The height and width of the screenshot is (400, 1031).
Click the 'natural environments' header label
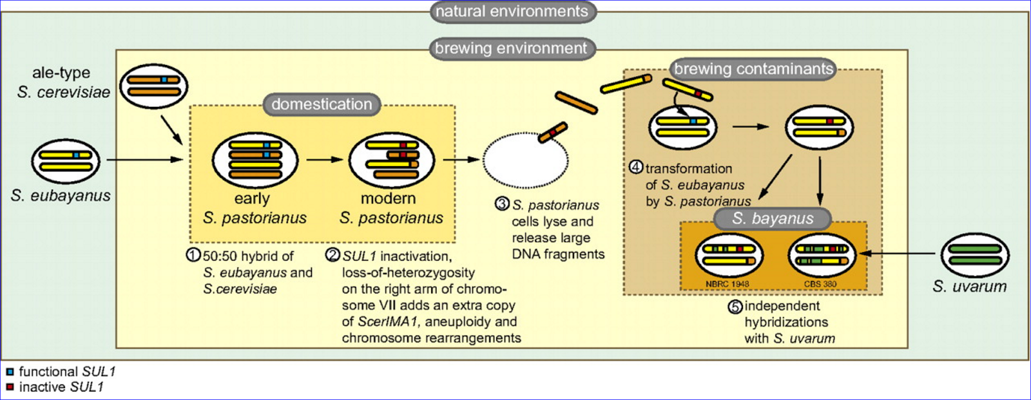click(x=512, y=12)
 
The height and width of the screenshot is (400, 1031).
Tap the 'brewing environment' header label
click(x=511, y=48)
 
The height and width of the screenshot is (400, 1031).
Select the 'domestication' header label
click(x=322, y=104)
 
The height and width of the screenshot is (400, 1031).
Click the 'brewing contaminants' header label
click(x=753, y=69)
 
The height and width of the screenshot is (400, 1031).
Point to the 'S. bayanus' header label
click(x=773, y=218)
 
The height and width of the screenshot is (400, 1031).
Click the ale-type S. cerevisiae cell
click(x=153, y=86)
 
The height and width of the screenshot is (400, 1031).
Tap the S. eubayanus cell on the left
click(x=66, y=161)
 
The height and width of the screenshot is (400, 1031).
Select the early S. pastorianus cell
click(x=255, y=160)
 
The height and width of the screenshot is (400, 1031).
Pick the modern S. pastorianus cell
click(x=392, y=160)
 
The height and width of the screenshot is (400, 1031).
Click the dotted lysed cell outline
click(x=525, y=160)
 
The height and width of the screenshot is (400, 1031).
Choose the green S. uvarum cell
click(x=974, y=255)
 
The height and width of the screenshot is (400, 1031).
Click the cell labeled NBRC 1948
click(x=728, y=255)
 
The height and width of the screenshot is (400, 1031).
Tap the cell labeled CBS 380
click(x=822, y=255)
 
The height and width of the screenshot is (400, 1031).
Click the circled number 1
click(x=193, y=255)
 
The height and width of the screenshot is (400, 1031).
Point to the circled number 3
click(x=502, y=204)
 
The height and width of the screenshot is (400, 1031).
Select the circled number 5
click(x=735, y=307)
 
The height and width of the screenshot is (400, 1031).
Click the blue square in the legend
click(x=10, y=372)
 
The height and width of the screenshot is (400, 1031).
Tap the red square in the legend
click(x=10, y=387)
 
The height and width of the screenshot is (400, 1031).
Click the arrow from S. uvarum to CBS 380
click(x=899, y=254)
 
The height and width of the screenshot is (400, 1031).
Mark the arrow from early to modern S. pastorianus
click(x=324, y=159)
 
